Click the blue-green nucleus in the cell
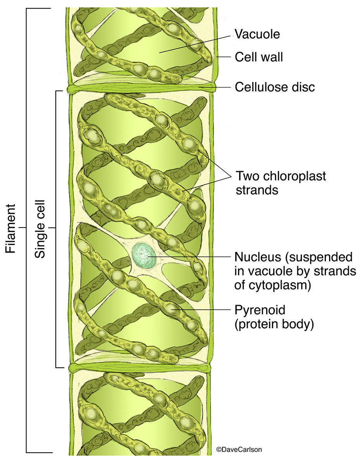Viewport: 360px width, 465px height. (x=144, y=255)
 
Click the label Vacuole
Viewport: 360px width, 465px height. (x=257, y=34)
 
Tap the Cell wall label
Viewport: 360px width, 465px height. (x=259, y=57)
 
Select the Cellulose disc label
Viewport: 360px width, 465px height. (x=275, y=87)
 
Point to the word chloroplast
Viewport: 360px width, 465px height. (x=295, y=176)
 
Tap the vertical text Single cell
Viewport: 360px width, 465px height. (x=40, y=229)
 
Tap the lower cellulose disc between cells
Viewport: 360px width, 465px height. (x=140, y=367)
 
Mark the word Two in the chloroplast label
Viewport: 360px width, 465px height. (x=248, y=176)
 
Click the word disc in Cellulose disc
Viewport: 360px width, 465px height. (x=303, y=87)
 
